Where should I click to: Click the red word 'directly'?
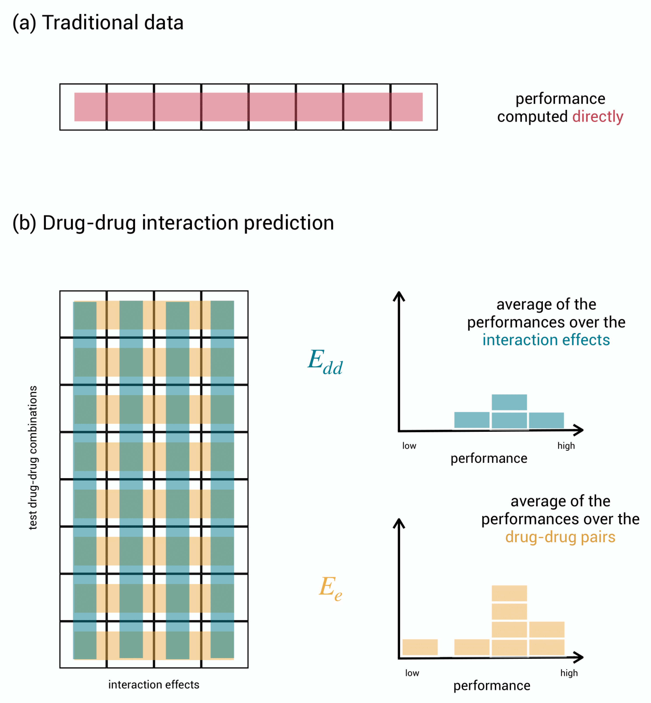click(598, 116)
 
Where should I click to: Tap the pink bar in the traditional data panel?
click(248, 107)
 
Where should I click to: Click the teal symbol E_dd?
click(325, 362)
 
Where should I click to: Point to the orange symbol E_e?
click(330, 588)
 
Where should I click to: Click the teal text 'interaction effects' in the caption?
click(546, 340)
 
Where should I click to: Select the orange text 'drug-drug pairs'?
click(560, 537)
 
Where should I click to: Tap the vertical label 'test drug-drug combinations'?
click(33, 457)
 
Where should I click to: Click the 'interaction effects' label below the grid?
click(154, 684)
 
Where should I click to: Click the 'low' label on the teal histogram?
click(409, 446)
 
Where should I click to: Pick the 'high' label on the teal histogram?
click(566, 446)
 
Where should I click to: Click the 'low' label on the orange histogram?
click(412, 673)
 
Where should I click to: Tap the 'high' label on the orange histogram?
click(569, 673)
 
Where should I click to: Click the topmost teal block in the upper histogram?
click(509, 402)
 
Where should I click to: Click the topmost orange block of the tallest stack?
click(509, 593)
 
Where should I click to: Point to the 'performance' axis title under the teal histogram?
click(489, 458)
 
